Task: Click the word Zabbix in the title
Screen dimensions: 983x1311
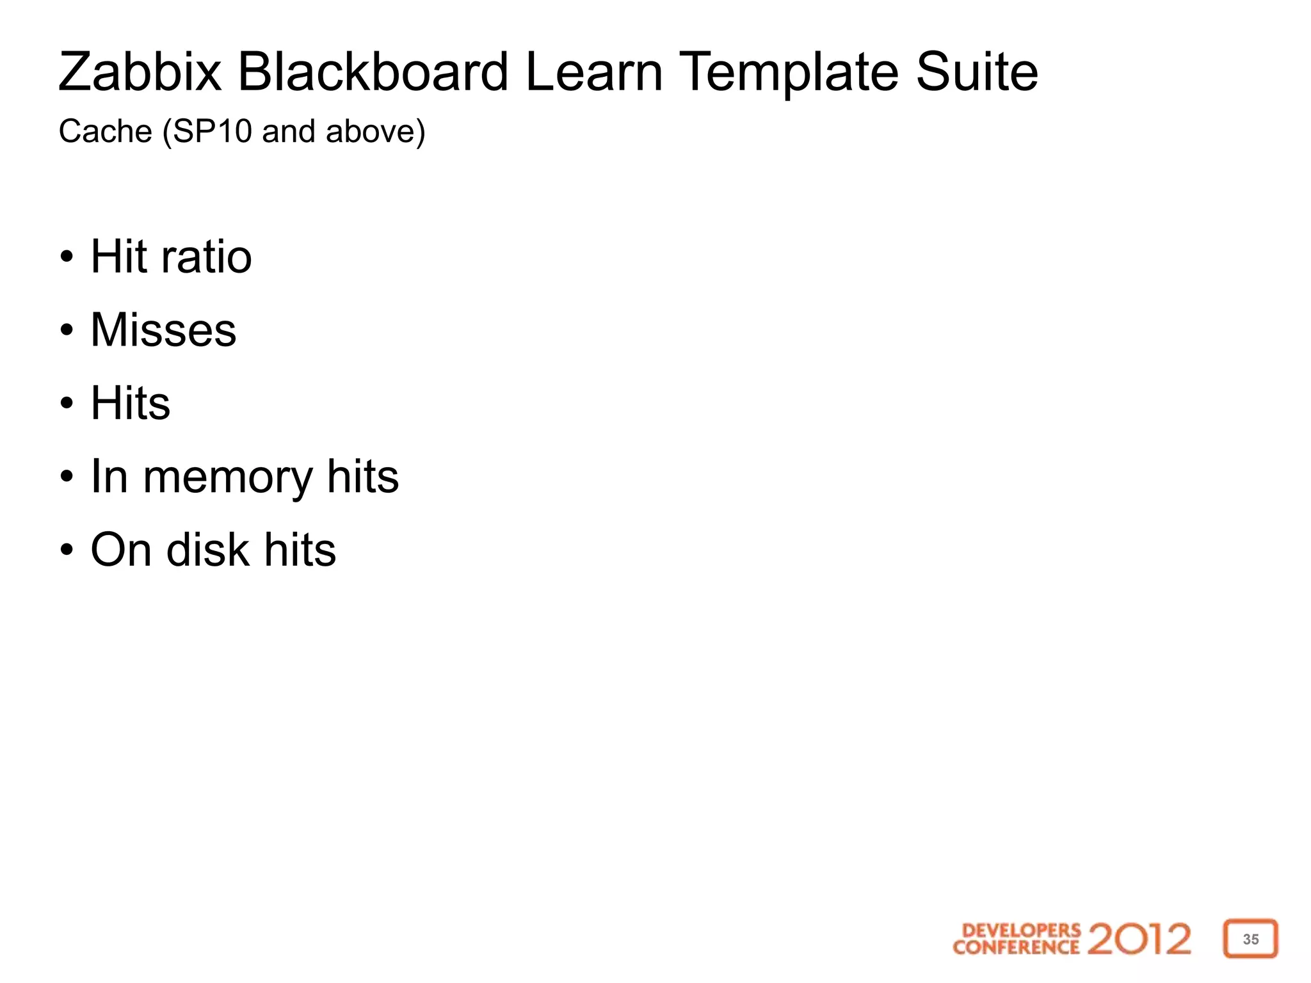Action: click(140, 72)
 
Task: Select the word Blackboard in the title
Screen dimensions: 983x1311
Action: click(373, 72)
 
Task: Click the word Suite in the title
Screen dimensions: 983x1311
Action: click(976, 72)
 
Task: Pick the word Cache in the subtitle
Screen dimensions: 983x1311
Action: click(106, 131)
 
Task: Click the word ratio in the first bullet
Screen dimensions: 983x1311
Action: click(206, 257)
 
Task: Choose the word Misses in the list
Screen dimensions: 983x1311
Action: click(164, 330)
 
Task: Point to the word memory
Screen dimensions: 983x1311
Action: click(227, 478)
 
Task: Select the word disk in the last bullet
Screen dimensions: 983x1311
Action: click(207, 550)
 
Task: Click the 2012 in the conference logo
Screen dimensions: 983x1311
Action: click(1139, 939)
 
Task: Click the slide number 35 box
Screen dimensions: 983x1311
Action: click(1250, 939)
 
